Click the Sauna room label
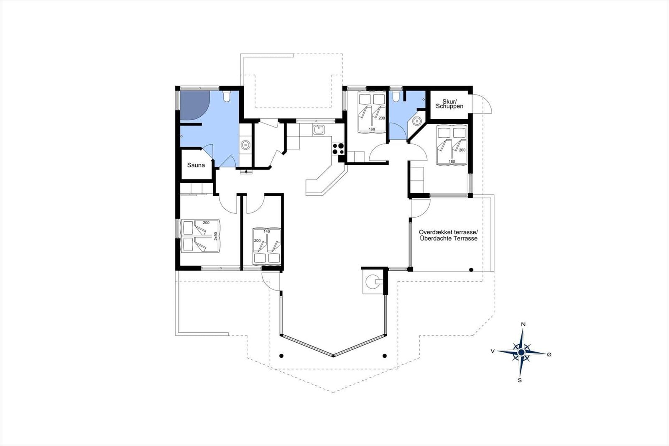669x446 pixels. (x=196, y=165)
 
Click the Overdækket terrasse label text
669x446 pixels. (x=448, y=232)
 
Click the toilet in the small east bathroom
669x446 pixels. (x=396, y=96)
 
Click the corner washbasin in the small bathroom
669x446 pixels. (x=416, y=121)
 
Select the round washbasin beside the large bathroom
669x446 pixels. (x=245, y=145)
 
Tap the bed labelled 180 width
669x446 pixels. (x=452, y=145)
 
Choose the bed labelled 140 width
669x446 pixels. (x=267, y=246)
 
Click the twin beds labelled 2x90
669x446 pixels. (x=200, y=236)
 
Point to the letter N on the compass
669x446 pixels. (x=523, y=324)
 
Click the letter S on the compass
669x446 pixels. (x=520, y=381)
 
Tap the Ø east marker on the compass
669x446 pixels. (x=549, y=354)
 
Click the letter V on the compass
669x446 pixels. (x=493, y=351)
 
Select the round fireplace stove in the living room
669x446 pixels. (x=373, y=282)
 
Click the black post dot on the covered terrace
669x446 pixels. (x=471, y=270)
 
